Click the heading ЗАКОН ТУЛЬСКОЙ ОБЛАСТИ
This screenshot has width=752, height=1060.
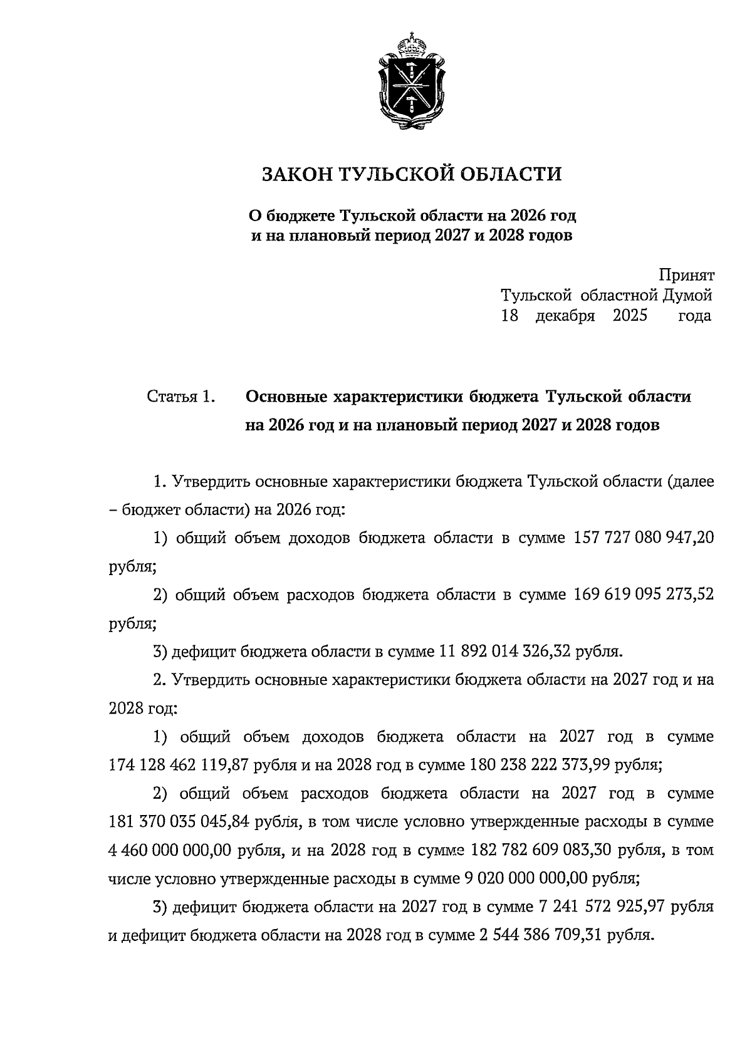click(411, 174)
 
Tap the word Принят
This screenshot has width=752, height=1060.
click(686, 275)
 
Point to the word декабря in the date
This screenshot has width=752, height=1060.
click(565, 315)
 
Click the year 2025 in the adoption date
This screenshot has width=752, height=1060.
click(630, 315)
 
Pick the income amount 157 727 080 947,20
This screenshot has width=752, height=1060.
click(644, 538)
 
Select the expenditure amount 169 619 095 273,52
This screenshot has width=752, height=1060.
click(644, 595)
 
